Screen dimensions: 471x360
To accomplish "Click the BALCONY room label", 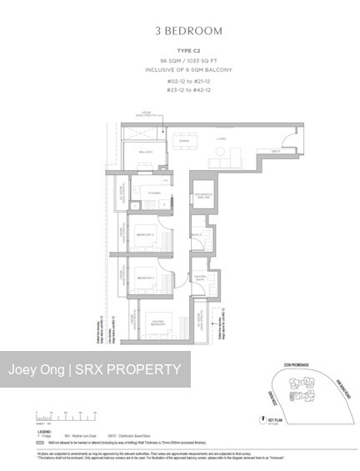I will (147, 153).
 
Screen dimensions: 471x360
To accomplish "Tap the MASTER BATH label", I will (201, 278).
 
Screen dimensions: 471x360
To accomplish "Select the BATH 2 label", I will (197, 236).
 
